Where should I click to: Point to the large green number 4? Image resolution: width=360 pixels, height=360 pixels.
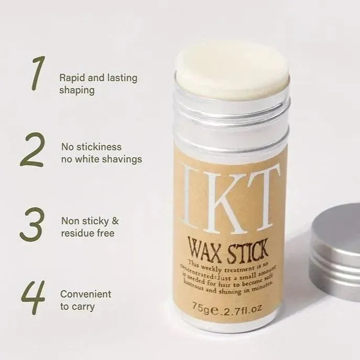tap(33, 297)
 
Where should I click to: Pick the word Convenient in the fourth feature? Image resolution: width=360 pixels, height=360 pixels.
tap(86, 294)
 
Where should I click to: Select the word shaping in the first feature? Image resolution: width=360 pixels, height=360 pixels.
tap(77, 90)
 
